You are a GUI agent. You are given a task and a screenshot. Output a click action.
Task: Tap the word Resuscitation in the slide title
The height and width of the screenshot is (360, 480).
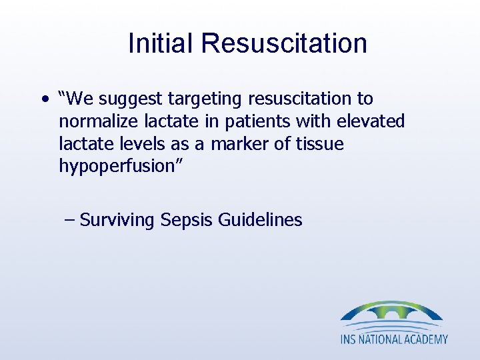pyautogui.click(x=284, y=43)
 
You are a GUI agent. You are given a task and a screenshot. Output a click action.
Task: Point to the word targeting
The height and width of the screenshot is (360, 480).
pyautogui.click(x=205, y=99)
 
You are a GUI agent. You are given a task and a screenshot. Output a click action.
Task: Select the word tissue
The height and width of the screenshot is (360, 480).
pyautogui.click(x=322, y=143)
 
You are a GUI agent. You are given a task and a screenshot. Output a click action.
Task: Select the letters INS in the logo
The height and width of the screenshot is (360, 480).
pyautogui.click(x=350, y=339)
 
